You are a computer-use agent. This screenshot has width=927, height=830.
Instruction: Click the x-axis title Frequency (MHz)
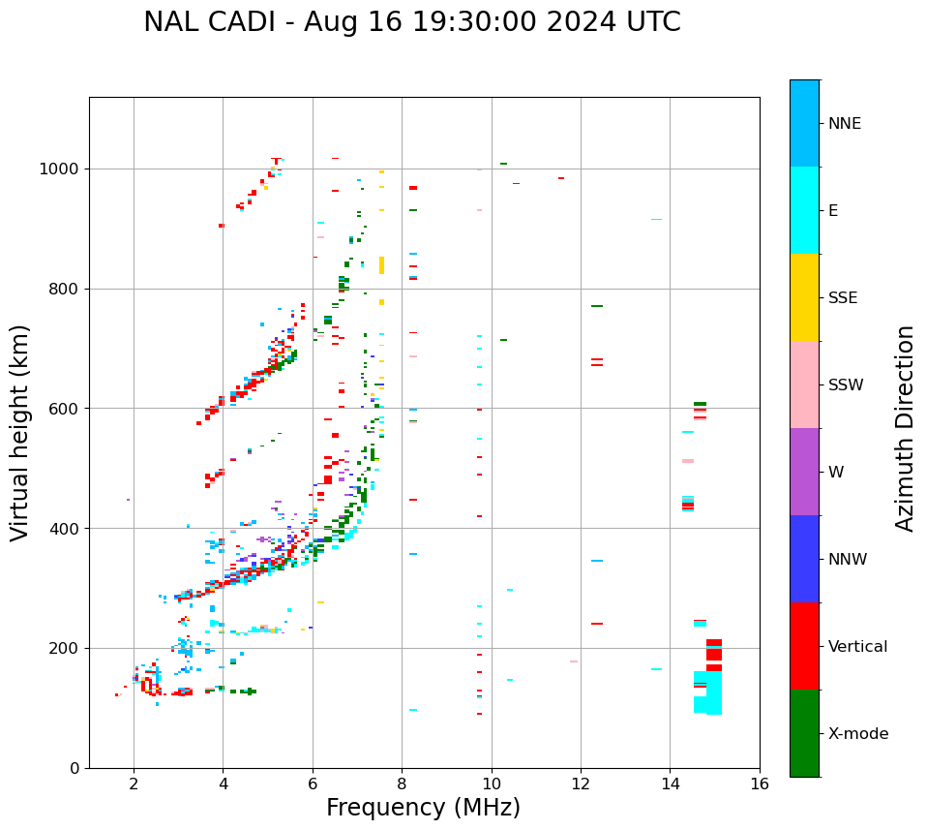(x=423, y=808)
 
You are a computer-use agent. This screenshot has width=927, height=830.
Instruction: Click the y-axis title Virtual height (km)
(x=20, y=433)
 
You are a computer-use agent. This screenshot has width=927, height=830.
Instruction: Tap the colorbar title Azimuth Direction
(x=905, y=428)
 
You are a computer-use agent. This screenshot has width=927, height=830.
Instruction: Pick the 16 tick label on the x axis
(x=760, y=783)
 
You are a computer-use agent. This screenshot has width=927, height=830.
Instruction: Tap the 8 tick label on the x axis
(x=402, y=783)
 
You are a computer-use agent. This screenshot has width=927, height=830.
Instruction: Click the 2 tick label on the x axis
(x=134, y=783)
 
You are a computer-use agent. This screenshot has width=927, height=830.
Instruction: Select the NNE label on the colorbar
(x=844, y=124)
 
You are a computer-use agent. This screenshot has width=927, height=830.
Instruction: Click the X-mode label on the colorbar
(x=857, y=734)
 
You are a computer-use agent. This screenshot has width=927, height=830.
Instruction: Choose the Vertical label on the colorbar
(x=857, y=647)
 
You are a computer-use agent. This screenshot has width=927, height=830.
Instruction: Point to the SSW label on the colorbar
(x=846, y=385)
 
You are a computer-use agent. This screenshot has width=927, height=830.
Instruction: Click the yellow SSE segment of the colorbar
(x=804, y=297)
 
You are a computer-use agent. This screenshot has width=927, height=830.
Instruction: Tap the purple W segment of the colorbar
(x=804, y=472)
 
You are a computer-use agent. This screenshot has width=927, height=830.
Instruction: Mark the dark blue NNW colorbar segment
(x=804, y=559)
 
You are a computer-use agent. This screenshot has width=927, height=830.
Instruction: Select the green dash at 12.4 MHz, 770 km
(x=597, y=306)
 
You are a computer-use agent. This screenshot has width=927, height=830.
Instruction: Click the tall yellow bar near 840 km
(x=381, y=264)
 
